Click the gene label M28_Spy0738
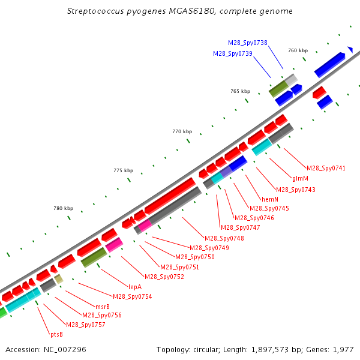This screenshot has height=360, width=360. [247, 43]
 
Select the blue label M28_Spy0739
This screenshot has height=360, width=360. [233, 54]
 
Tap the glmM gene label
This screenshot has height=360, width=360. [300, 178]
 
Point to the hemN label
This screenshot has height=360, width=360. [270, 199]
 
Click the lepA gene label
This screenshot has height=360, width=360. [135, 287]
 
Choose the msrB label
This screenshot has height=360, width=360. [103, 307]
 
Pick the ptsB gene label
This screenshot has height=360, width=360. [56, 335]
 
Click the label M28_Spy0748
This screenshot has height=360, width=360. [224, 238]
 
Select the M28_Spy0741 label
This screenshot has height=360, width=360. [326, 168]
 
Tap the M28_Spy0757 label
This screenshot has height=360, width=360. [85, 325]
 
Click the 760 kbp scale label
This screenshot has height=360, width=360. [298, 50]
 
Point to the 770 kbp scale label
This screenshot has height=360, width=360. [182, 131]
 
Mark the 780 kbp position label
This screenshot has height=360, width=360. [63, 208]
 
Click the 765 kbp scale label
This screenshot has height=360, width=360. [240, 91]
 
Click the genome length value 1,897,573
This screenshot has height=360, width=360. [270, 350]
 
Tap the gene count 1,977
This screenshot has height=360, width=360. [343, 350]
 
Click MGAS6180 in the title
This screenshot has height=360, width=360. [192, 11]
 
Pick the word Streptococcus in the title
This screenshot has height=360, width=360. [95, 11]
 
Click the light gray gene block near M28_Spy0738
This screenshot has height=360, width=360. [291, 80]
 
